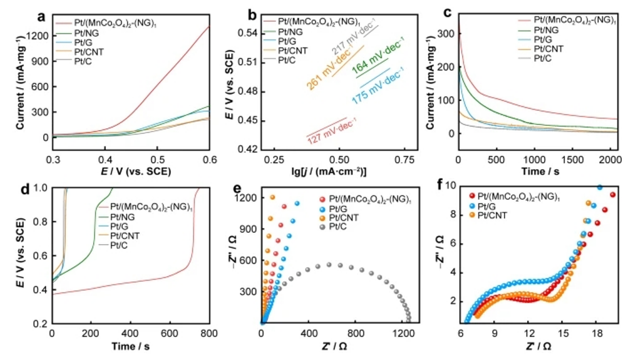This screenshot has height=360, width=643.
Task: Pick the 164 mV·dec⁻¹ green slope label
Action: (x=378, y=63)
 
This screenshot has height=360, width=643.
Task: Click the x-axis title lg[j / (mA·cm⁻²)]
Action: (x=329, y=172)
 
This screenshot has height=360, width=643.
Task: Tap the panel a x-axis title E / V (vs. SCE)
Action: (x=131, y=172)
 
